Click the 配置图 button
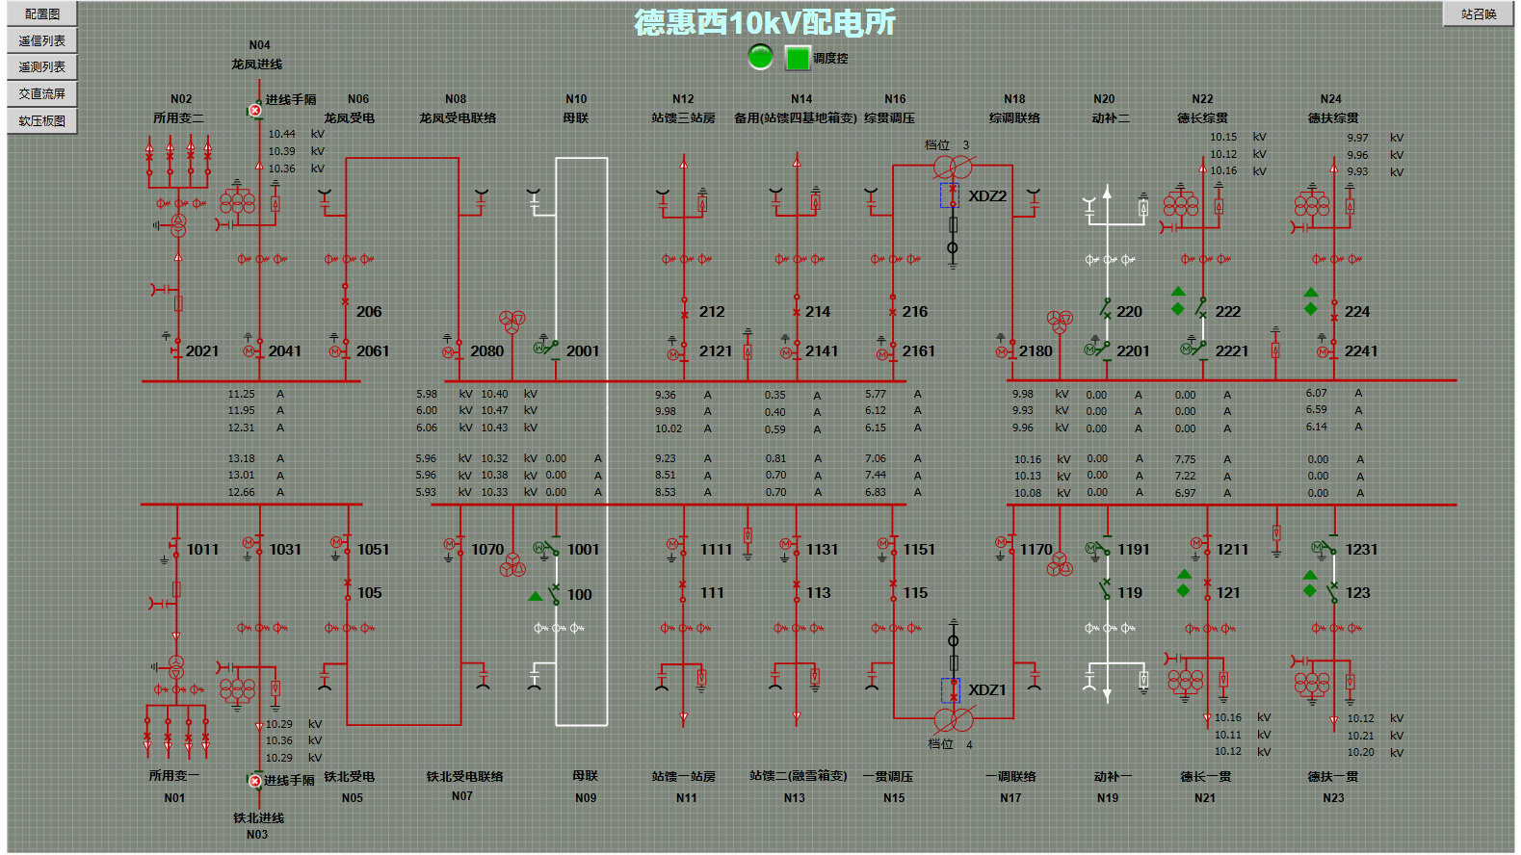(x=42, y=14)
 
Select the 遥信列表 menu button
(x=42, y=40)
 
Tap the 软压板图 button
(x=42, y=121)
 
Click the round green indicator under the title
(x=760, y=57)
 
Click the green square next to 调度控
(x=798, y=58)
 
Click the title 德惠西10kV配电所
(x=765, y=22)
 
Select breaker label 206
(x=369, y=312)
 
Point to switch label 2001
(x=583, y=351)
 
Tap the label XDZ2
(x=987, y=196)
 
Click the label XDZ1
(x=987, y=690)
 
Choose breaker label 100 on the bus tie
(x=580, y=595)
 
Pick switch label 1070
(x=487, y=550)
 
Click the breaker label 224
(x=1357, y=312)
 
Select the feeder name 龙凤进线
(x=257, y=65)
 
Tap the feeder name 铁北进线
(x=258, y=818)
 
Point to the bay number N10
(x=576, y=99)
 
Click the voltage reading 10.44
(x=282, y=135)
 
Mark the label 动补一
(x=1113, y=777)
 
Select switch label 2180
(x=1036, y=351)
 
